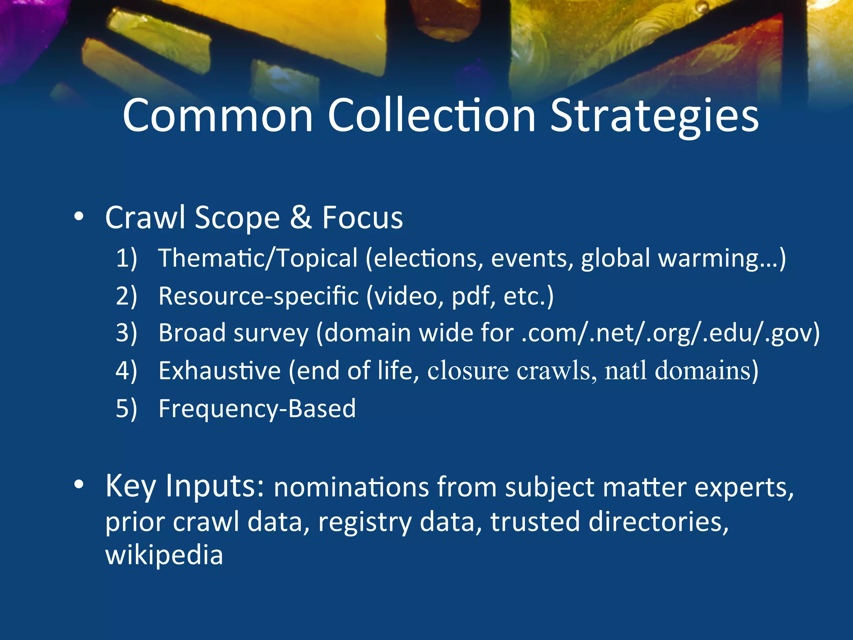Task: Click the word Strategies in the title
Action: [654, 117]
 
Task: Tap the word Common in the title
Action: [217, 117]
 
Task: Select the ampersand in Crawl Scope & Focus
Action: [301, 217]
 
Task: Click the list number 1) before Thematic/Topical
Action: [126, 258]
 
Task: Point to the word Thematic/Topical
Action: [258, 258]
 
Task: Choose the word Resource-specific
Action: [258, 296]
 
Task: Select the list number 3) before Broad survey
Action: [126, 333]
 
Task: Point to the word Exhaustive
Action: [219, 371]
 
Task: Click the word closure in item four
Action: [468, 371]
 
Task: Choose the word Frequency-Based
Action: [257, 409]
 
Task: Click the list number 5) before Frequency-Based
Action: [126, 409]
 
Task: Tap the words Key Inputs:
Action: [185, 486]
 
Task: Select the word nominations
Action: [351, 487]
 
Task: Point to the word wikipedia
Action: [164, 555]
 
